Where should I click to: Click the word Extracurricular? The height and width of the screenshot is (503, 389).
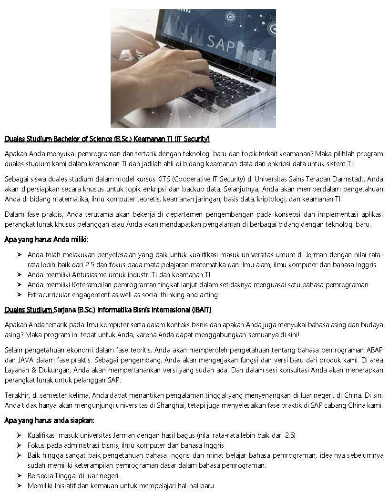tap(50, 295)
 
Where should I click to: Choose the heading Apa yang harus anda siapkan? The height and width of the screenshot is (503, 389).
tap(49, 421)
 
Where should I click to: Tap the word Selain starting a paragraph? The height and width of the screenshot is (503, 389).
tap(14, 350)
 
